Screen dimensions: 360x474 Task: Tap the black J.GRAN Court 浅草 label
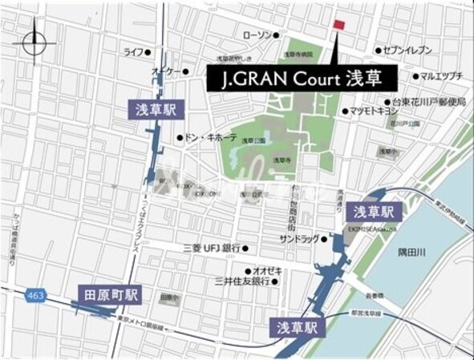[303, 79]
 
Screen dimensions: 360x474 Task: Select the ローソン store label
[257, 35]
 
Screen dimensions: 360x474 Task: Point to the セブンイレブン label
[408, 51]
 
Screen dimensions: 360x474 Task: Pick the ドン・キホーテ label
[210, 137]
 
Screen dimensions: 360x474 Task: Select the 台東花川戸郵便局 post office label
[429, 102]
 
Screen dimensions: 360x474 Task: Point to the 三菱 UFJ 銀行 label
[212, 248]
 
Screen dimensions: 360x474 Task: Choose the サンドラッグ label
[298, 239]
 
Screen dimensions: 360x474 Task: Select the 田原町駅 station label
[111, 295]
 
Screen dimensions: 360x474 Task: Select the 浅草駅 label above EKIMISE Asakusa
[373, 212]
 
